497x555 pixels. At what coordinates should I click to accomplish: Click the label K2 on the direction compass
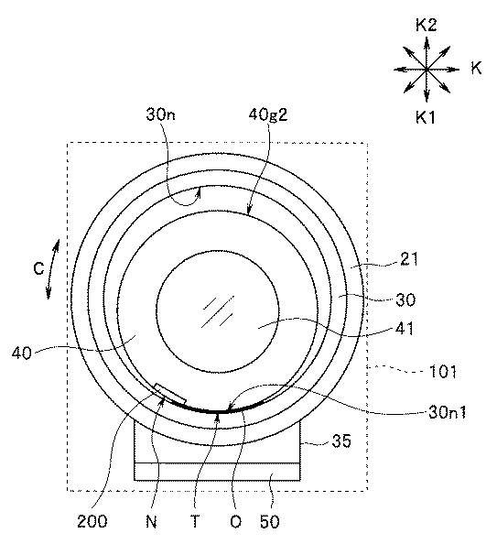(426, 25)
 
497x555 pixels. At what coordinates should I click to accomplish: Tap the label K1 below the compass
(426, 117)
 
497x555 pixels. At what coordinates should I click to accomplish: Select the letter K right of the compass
(476, 68)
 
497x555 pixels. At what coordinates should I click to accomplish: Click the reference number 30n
(160, 114)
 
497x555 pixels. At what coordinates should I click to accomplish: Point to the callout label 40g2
(268, 114)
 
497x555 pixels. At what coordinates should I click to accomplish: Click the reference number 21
(409, 259)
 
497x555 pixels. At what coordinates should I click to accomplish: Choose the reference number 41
(405, 329)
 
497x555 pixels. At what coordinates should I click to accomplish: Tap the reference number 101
(443, 372)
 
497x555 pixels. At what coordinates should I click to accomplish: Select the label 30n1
(448, 412)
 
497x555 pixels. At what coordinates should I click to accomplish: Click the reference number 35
(341, 441)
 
